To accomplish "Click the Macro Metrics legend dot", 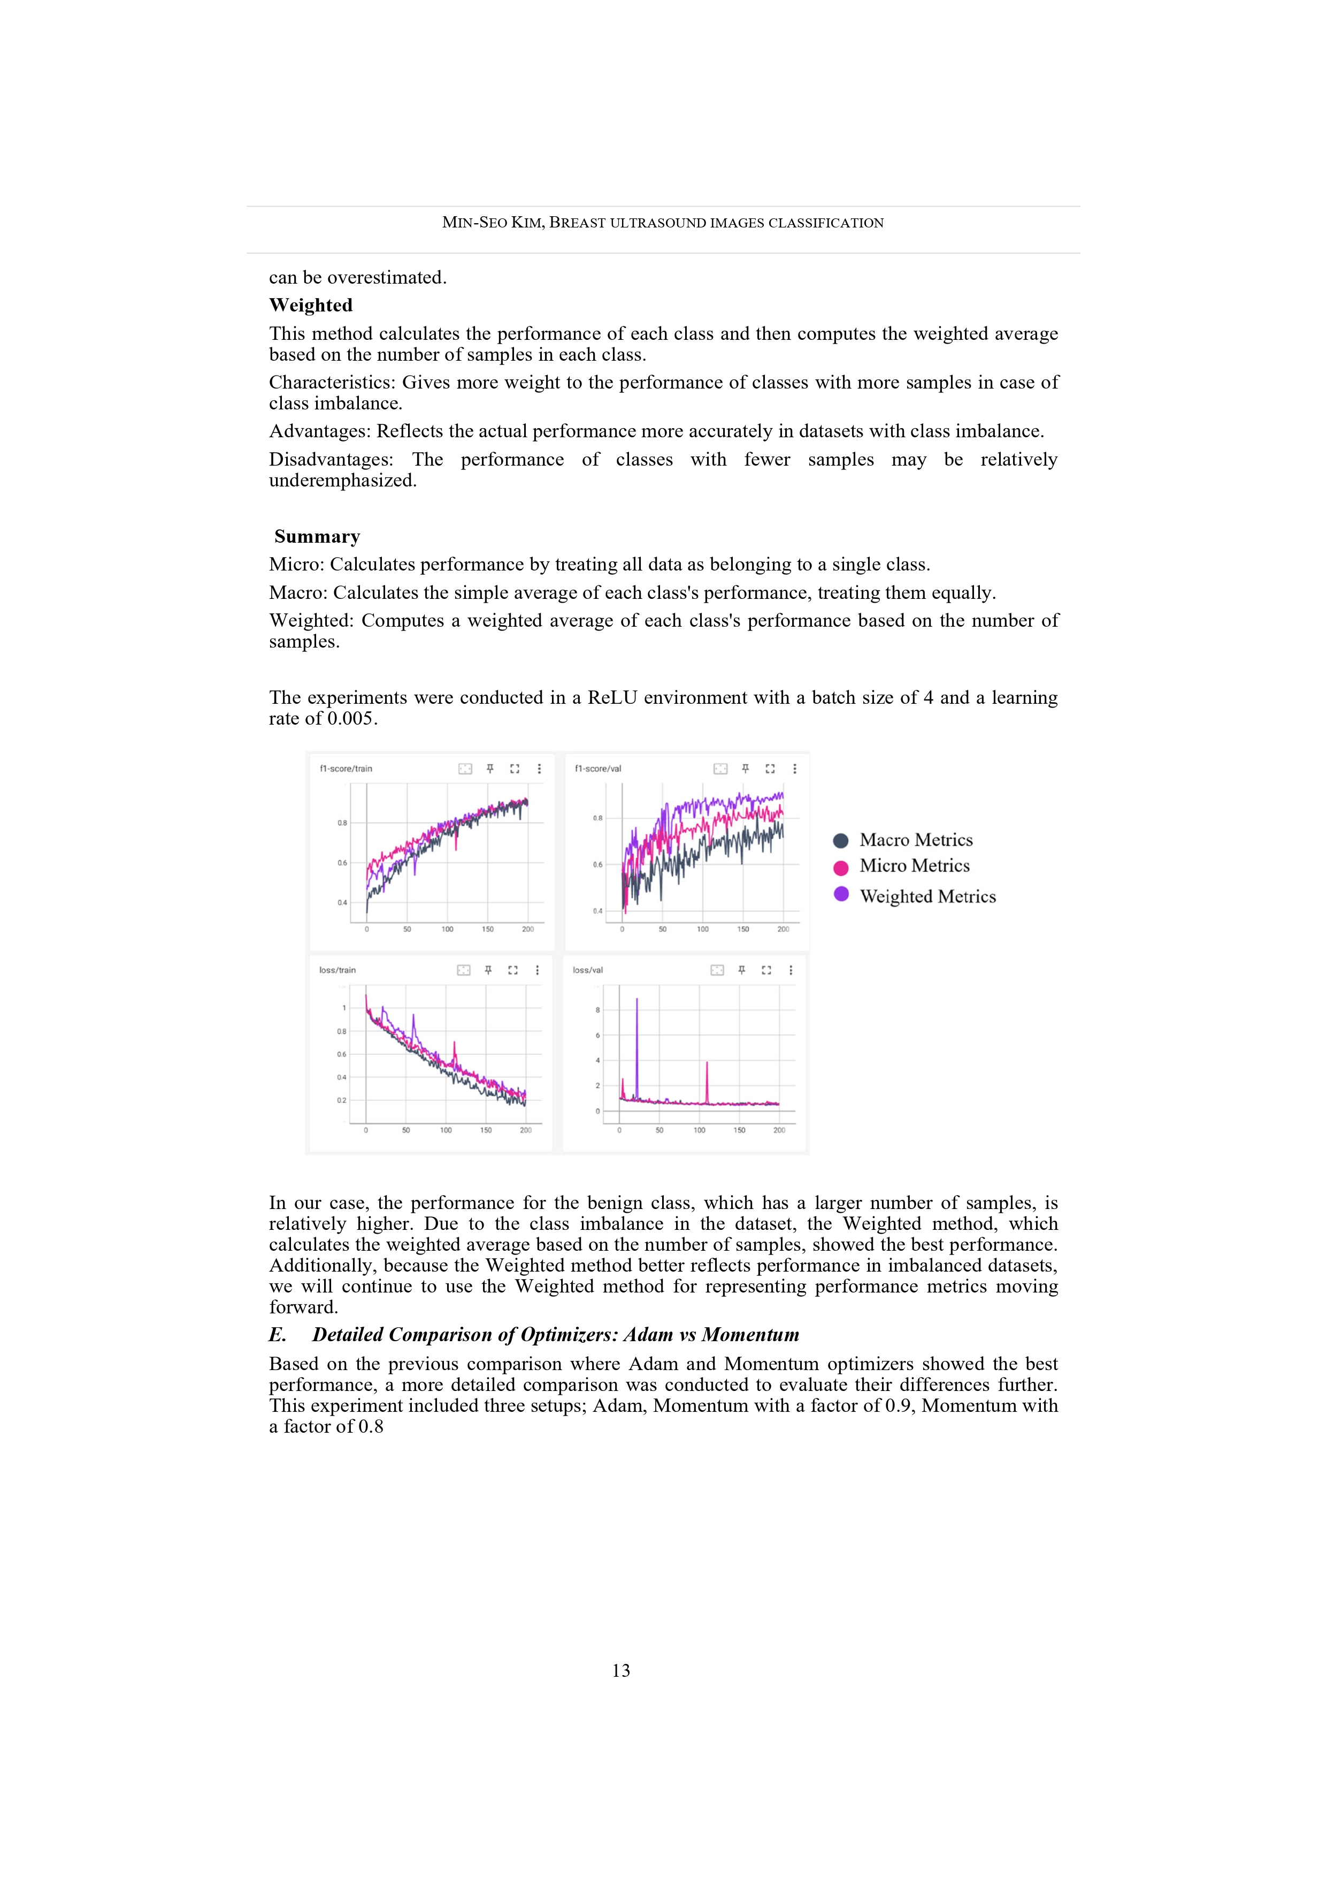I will click(x=840, y=841).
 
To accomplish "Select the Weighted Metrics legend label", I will click(x=927, y=896).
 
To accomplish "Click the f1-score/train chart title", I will click(x=346, y=769).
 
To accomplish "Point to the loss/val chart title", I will click(x=588, y=970).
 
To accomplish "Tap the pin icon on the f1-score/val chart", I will click(x=745, y=769).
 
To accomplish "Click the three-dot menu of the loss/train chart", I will click(x=537, y=970).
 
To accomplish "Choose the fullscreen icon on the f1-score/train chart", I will click(x=515, y=769).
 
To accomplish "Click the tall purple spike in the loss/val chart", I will click(x=637, y=1002).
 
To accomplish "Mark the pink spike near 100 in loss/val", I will click(x=707, y=1065).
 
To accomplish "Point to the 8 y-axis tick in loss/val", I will click(x=597, y=1010).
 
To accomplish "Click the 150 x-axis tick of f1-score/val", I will click(x=743, y=929).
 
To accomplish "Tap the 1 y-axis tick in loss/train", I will click(x=344, y=1008).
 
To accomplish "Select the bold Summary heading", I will click(x=317, y=537).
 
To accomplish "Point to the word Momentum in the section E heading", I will click(x=750, y=1335).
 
